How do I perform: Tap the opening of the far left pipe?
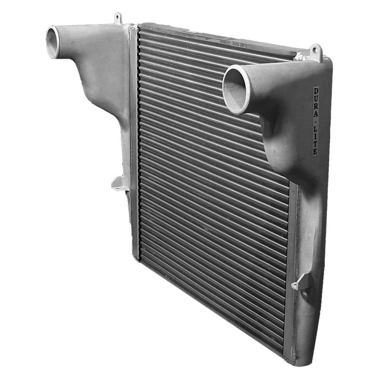click(52, 42)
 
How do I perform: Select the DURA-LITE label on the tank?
click(316, 121)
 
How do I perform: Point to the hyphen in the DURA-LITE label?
click(316, 120)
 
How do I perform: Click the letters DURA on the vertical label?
click(316, 102)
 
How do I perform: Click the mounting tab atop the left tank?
click(117, 18)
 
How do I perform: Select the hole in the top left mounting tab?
click(117, 17)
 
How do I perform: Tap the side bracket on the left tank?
click(119, 183)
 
